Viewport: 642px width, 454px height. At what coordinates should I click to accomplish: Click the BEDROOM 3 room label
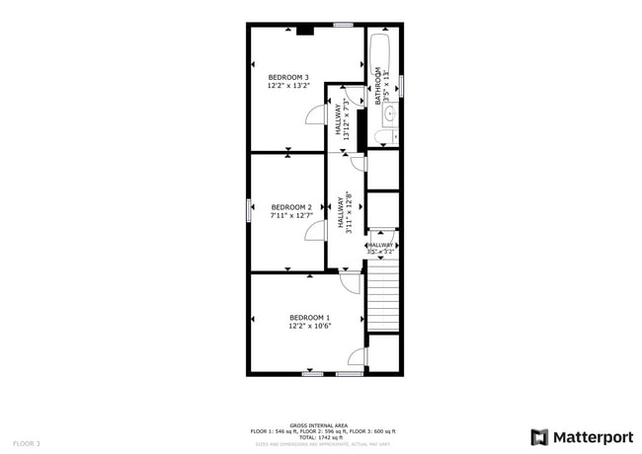pyautogui.click(x=288, y=77)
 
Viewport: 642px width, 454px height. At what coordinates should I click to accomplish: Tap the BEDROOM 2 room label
pyautogui.click(x=291, y=207)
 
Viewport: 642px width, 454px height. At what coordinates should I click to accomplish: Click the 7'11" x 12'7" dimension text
pyautogui.click(x=291, y=215)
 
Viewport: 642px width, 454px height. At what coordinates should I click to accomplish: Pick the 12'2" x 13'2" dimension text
pyautogui.click(x=288, y=86)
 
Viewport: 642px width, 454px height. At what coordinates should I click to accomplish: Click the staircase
pyautogui.click(x=382, y=296)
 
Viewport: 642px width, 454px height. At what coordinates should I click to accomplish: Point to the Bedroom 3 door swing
pyautogui.click(x=314, y=114)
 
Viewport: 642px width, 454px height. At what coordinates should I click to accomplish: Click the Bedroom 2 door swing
pyautogui.click(x=315, y=231)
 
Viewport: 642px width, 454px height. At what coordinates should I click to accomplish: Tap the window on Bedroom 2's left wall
pyautogui.click(x=248, y=209)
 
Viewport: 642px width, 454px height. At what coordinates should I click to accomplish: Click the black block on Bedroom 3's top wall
pyautogui.click(x=305, y=30)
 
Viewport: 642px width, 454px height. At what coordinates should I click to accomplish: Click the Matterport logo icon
pyautogui.click(x=540, y=436)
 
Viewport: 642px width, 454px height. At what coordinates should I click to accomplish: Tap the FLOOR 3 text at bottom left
pyautogui.click(x=27, y=444)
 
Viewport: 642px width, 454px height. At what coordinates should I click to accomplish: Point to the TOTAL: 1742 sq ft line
pyautogui.click(x=323, y=437)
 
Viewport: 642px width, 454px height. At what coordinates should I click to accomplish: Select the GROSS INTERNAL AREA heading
pyautogui.click(x=323, y=425)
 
